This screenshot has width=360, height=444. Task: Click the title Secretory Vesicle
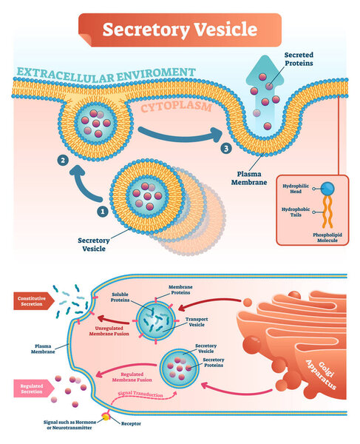coord(180,30)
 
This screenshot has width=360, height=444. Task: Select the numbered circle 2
coord(64,159)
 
